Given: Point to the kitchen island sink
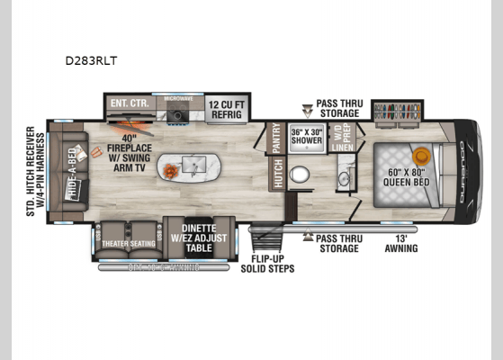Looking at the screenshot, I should click(193, 166).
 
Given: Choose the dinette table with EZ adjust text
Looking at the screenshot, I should click(191, 236).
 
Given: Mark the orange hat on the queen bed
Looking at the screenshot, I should click(418, 155).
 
